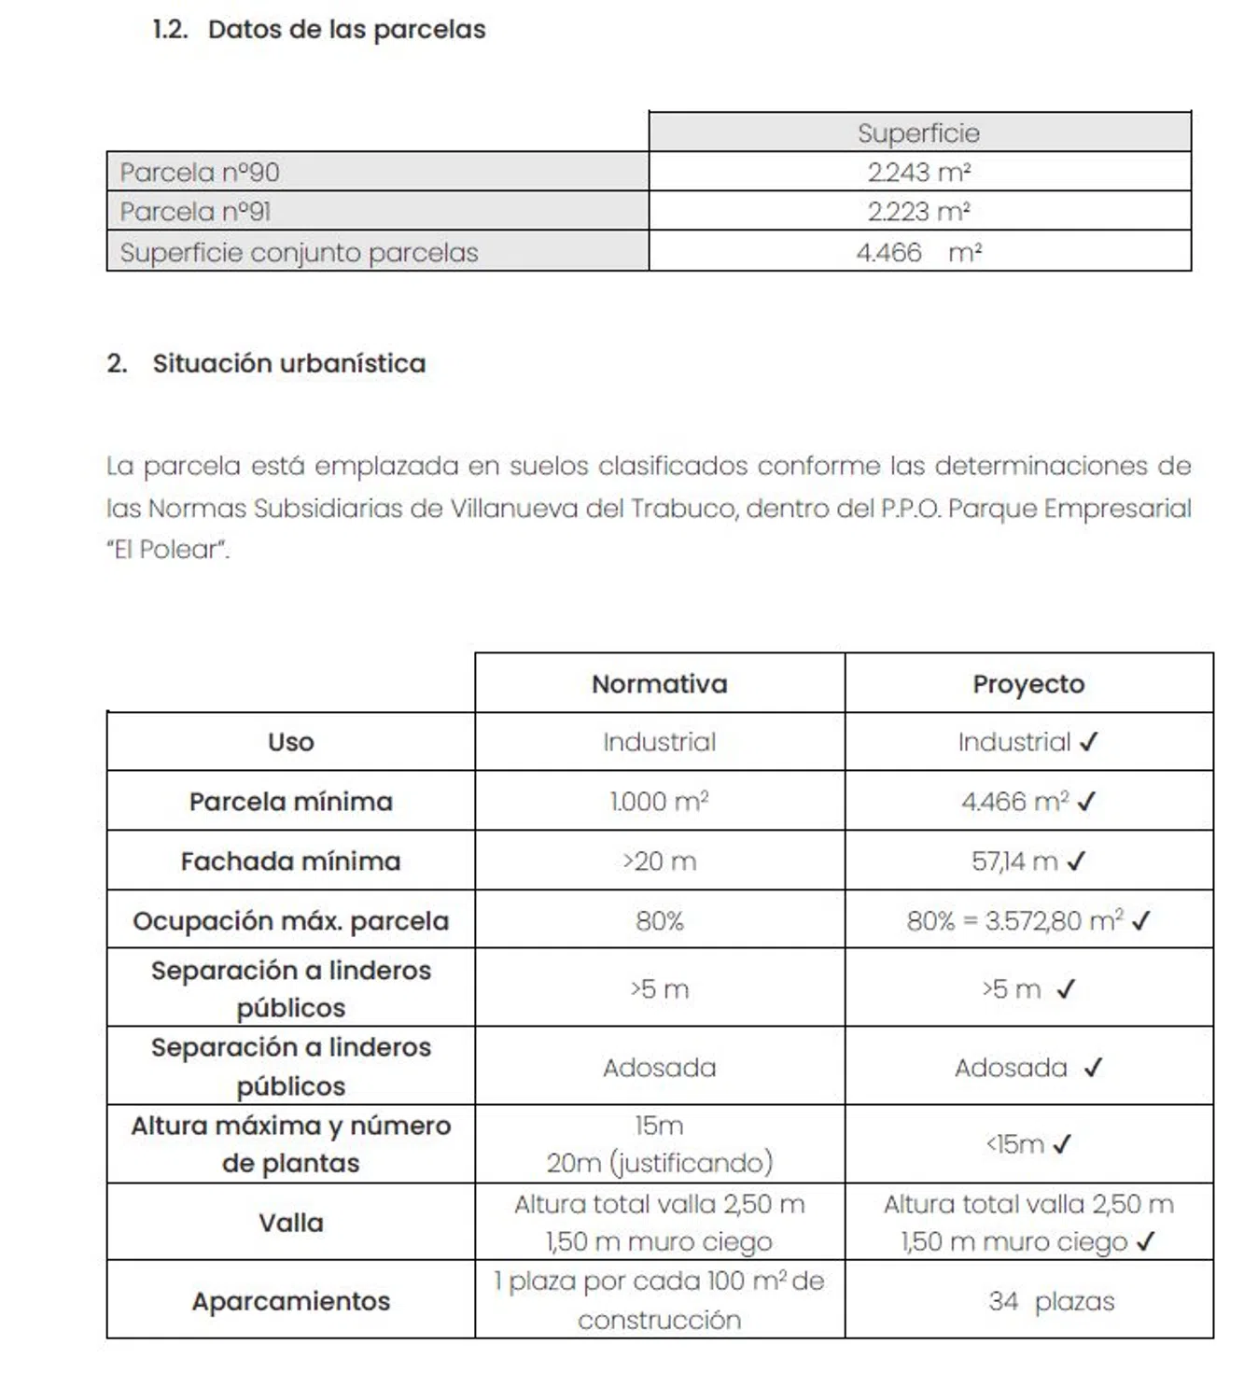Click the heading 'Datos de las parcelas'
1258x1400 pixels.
(346, 30)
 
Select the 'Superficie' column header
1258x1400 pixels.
(918, 133)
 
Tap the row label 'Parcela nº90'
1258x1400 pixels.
(200, 173)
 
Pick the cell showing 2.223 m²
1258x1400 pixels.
(918, 212)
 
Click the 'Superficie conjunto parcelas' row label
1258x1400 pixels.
(299, 253)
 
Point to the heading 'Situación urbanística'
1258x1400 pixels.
(288, 363)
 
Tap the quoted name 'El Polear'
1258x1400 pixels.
(168, 550)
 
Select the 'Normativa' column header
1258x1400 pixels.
(659, 684)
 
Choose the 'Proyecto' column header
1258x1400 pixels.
(1028, 684)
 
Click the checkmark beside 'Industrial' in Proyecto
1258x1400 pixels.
(1089, 742)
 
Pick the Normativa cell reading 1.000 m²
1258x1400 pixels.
(659, 802)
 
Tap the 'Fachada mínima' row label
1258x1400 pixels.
(290, 861)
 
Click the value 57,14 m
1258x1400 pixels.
(1014, 861)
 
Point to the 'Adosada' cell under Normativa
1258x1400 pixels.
(659, 1067)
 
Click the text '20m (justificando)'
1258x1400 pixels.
(659, 1163)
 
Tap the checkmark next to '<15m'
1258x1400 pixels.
(1062, 1144)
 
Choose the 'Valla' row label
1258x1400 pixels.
(290, 1223)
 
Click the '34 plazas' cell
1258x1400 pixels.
(1051, 1301)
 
